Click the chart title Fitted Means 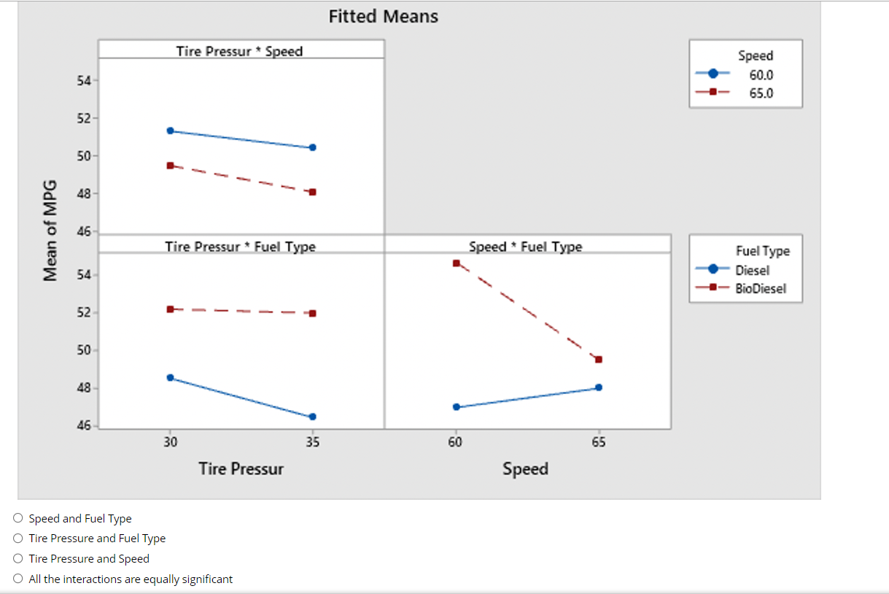click(x=383, y=16)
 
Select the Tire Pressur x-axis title click(x=241, y=468)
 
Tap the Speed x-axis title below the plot click(x=525, y=468)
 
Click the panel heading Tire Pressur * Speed click(x=239, y=51)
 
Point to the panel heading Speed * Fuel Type click(x=525, y=247)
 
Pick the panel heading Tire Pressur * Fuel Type click(x=241, y=247)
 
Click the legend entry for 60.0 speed click(x=761, y=74)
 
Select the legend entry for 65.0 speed click(x=761, y=93)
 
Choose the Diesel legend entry click(x=752, y=270)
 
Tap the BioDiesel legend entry click(x=761, y=288)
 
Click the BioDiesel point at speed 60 click(x=457, y=263)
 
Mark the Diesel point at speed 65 click(x=599, y=387)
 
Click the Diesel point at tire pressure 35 click(x=313, y=417)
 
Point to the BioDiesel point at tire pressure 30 click(x=170, y=309)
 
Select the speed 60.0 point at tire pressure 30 click(x=170, y=131)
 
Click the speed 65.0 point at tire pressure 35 click(x=313, y=192)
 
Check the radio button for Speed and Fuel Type click(x=18, y=518)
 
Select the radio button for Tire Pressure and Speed click(x=18, y=559)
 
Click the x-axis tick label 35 click(x=313, y=441)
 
